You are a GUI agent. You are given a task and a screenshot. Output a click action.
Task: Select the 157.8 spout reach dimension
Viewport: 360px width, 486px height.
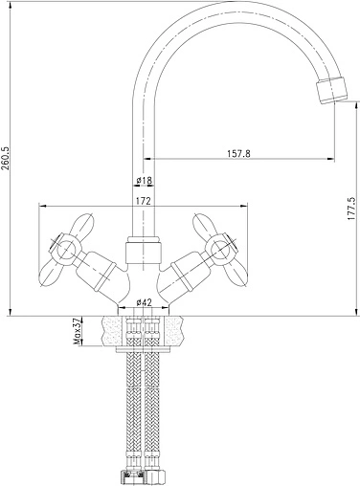[238, 153]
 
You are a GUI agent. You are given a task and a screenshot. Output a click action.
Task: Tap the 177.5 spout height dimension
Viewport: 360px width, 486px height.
[351, 209]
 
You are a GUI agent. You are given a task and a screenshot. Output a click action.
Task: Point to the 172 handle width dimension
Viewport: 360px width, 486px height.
[144, 201]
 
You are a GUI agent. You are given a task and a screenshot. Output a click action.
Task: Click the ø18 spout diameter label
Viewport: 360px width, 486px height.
[144, 181]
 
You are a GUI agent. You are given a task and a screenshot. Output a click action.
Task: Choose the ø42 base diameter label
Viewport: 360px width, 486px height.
[144, 302]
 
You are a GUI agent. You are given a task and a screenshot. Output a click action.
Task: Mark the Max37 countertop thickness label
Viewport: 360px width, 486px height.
[78, 332]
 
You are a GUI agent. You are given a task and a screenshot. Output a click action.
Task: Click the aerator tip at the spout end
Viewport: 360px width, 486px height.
[331, 90]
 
